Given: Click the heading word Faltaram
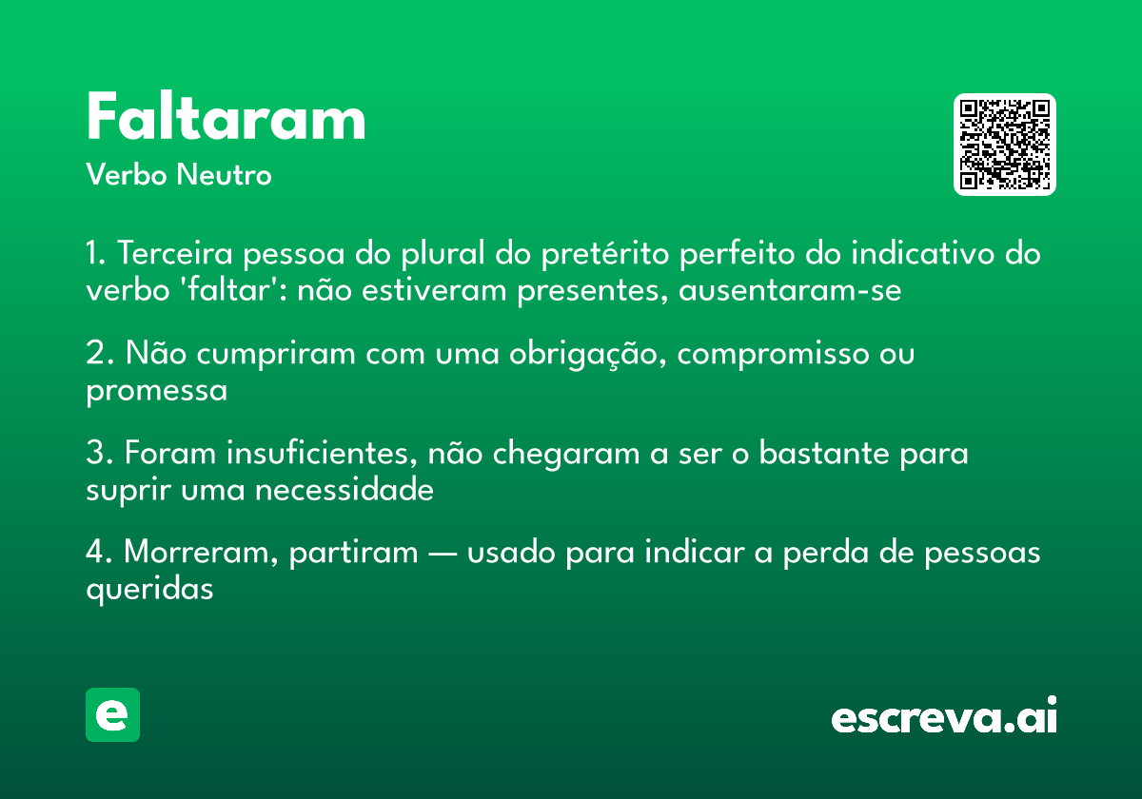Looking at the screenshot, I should (x=226, y=119).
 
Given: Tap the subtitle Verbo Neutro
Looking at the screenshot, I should (x=178, y=175).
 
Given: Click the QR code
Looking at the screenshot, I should (x=1005, y=145).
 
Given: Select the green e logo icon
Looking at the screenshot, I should (x=112, y=714).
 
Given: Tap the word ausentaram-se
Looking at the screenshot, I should (x=789, y=290).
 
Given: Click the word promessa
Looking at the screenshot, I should (x=157, y=390).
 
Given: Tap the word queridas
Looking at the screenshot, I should (x=148, y=589).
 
